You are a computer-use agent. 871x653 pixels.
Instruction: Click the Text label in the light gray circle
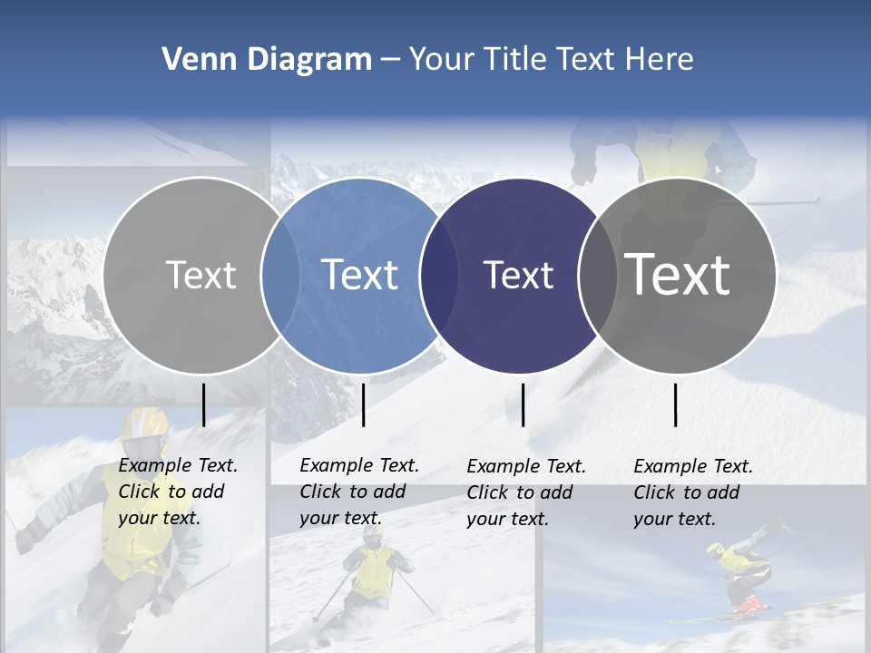coord(201,275)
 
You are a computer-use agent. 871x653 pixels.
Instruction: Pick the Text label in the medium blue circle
coord(360,275)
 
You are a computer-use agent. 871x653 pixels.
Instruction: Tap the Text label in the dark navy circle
coord(519,275)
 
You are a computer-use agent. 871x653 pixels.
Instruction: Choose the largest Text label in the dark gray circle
coord(678,275)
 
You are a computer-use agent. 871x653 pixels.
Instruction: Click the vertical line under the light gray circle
coord(204,404)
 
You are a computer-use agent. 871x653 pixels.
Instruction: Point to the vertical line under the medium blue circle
coord(363,404)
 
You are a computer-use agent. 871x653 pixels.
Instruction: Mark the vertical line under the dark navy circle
coord(523,404)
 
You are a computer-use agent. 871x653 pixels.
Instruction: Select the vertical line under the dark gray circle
coord(675,404)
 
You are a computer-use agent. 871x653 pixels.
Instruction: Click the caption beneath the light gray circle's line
coord(178,492)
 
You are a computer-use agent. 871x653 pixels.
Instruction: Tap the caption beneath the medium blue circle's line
coord(359,492)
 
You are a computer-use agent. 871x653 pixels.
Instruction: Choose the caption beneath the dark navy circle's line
coord(526,492)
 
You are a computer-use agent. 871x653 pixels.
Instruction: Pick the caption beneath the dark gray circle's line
coord(693,492)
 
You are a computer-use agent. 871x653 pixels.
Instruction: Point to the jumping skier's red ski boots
coord(749,602)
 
